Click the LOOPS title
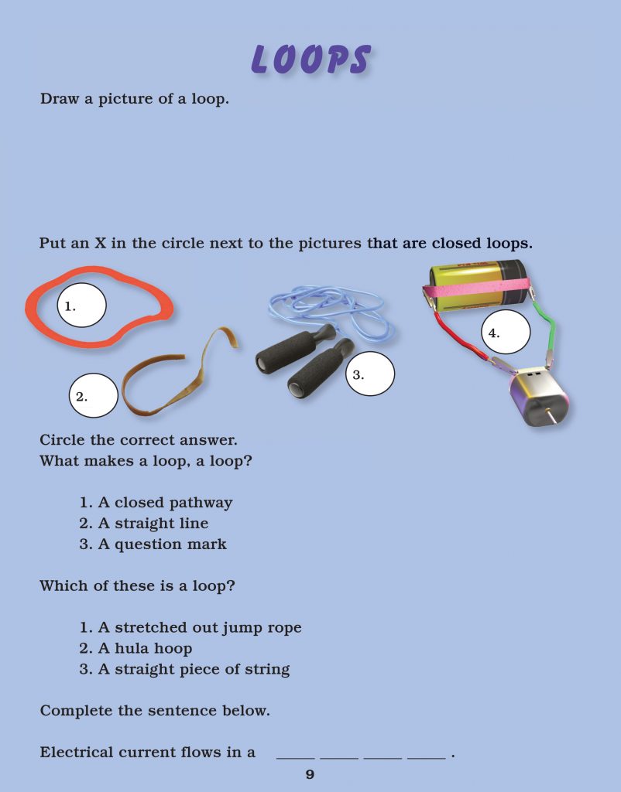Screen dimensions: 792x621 (310, 59)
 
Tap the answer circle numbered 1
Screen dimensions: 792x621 (81, 306)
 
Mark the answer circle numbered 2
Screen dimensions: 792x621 (93, 396)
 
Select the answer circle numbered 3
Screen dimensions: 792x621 (369, 374)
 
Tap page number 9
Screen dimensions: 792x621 (310, 775)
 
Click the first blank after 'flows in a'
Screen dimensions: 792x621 (296, 756)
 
